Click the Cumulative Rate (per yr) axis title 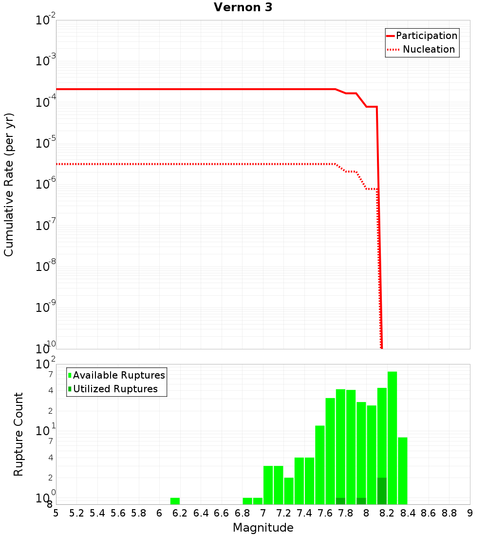(9, 185)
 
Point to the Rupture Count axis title (19, 434)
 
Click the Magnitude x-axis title (263, 528)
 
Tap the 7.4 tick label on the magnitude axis (304, 513)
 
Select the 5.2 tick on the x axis (77, 513)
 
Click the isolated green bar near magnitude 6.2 (175, 501)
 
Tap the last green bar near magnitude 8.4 (403, 471)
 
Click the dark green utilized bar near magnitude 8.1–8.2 (382, 491)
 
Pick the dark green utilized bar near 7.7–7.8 (340, 501)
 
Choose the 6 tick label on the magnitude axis (159, 513)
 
